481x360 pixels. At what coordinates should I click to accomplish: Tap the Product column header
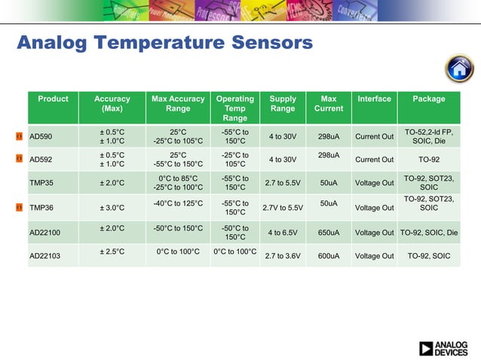click(53, 99)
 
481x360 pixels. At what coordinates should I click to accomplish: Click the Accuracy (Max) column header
click(112, 104)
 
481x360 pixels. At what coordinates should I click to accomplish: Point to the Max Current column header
click(328, 104)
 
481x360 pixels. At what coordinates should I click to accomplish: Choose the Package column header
click(429, 99)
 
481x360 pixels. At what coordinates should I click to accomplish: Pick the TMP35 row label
click(40, 183)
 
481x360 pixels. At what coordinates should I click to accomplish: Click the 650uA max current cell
click(328, 233)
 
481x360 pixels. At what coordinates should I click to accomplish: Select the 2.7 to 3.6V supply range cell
click(282, 256)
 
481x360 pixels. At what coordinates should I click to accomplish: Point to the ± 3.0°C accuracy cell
click(112, 207)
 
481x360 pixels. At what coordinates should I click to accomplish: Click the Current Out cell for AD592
click(374, 160)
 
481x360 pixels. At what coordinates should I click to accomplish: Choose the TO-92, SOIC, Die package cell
click(429, 233)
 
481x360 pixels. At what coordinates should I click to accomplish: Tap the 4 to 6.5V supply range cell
click(283, 233)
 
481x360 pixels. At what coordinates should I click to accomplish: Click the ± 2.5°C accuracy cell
click(112, 252)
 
